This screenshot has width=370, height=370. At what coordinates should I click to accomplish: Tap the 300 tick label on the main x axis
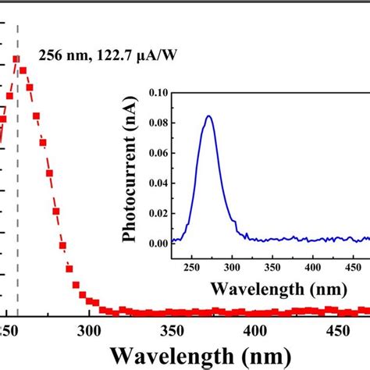point(89,329)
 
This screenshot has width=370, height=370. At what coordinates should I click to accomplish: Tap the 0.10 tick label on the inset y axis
point(158,91)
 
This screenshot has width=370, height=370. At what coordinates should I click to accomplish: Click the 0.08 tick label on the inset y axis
point(158,122)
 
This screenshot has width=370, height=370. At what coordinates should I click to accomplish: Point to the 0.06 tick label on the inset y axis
point(158,152)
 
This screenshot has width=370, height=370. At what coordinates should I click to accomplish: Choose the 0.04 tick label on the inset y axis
point(158,183)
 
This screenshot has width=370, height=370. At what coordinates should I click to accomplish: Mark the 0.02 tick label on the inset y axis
point(158,213)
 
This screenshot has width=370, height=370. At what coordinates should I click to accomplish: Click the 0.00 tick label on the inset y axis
point(158,244)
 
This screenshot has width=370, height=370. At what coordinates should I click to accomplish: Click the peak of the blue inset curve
point(208,116)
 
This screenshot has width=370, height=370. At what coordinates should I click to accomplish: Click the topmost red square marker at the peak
point(16,59)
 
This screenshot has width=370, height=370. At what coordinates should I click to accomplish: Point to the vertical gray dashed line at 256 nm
point(17,195)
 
